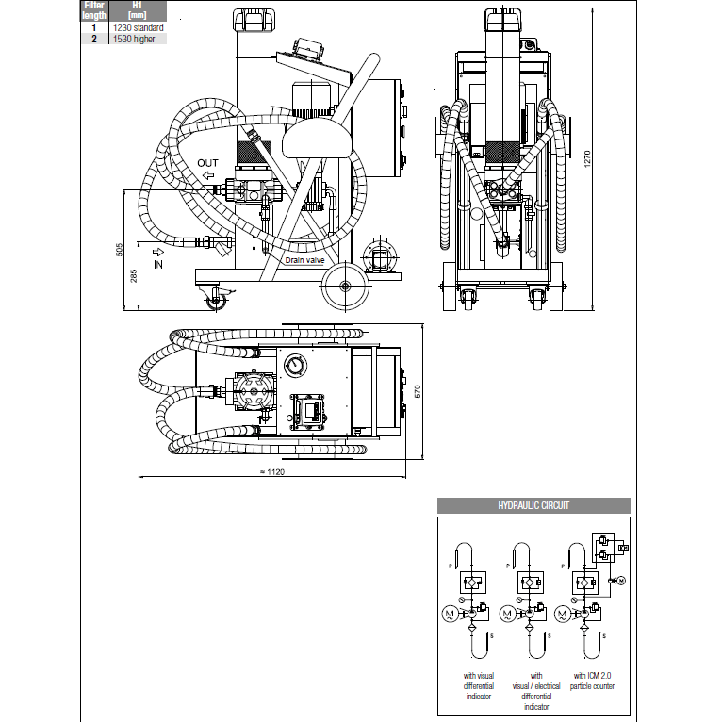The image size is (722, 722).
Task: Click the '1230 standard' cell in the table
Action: point(138,28)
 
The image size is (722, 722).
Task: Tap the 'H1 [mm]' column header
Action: point(138,10)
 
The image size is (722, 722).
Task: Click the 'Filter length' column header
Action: point(94,10)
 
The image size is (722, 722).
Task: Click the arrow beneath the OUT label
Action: point(207,175)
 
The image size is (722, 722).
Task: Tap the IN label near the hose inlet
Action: point(157,265)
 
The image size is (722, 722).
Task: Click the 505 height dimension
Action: point(120,250)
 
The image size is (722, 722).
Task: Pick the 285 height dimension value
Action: point(134,276)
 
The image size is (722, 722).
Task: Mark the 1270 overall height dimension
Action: point(588,160)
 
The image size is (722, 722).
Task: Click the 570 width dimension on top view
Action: point(415,388)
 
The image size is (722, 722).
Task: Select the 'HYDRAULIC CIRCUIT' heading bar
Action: point(533,505)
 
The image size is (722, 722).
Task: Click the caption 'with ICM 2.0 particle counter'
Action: point(593,681)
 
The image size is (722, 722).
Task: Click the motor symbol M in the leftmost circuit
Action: point(450,614)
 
